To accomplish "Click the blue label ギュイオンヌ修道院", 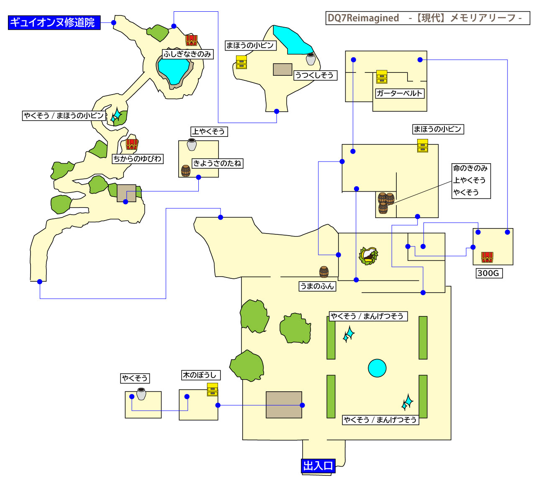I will [54, 23].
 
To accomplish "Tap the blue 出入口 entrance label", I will [318, 466].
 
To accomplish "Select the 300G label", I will [488, 273].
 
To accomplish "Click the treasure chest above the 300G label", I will [487, 257].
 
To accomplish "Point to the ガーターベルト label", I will [399, 93].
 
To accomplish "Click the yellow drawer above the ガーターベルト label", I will [382, 77].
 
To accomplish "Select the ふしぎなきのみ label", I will [187, 54].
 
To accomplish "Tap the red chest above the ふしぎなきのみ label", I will [191, 40].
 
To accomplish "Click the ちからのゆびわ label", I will [137, 159].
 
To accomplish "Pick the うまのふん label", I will [317, 286].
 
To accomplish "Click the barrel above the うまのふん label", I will [324, 272].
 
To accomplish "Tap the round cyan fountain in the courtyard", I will [377, 368].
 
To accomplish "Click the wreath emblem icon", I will [368, 255].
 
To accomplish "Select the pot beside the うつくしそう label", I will [310, 59].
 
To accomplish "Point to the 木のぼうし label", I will [199, 375].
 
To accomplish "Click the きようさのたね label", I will [217, 163].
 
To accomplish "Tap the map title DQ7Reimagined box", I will [428, 18].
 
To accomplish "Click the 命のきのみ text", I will [470, 168].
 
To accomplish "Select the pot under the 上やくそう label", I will [192, 144].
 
